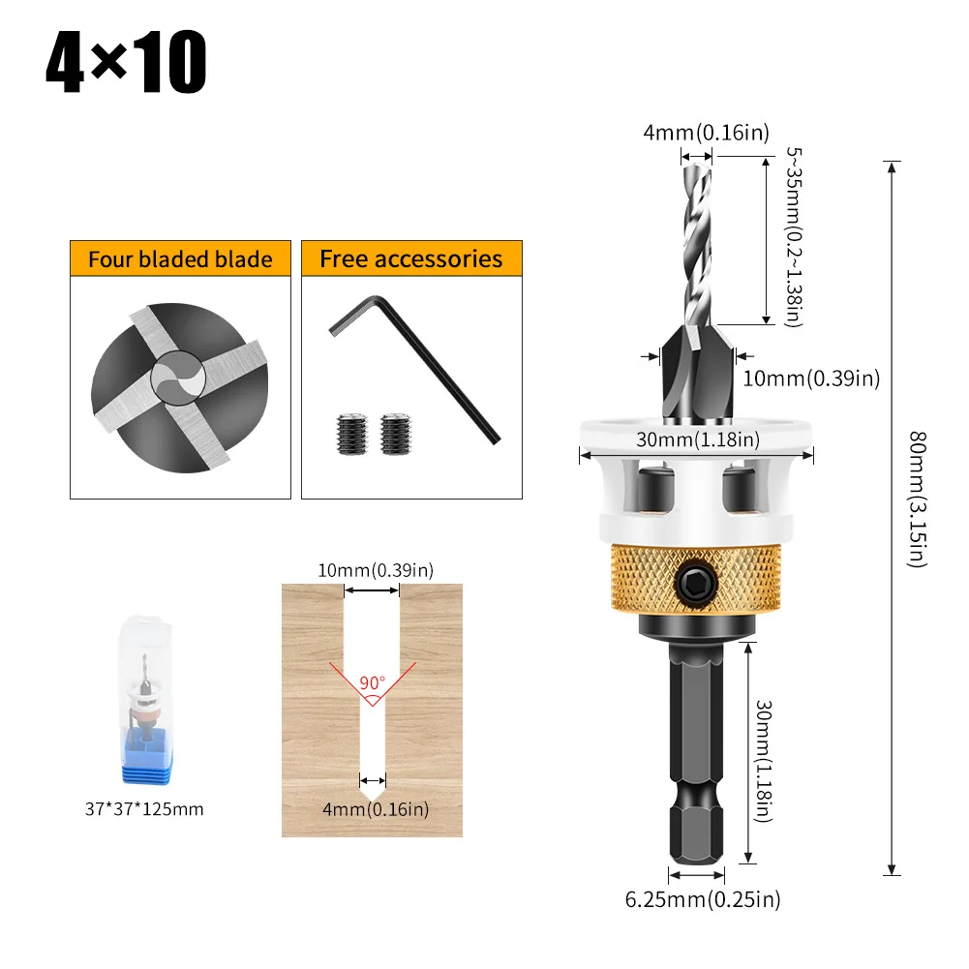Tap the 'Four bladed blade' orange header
[x=180, y=259]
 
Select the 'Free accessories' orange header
[x=411, y=259]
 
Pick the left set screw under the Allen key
[x=349, y=433]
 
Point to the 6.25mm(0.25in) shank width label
[x=702, y=899]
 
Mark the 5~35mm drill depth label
[x=793, y=237]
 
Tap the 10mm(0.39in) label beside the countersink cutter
[x=810, y=379]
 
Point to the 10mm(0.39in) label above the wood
[x=375, y=570]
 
